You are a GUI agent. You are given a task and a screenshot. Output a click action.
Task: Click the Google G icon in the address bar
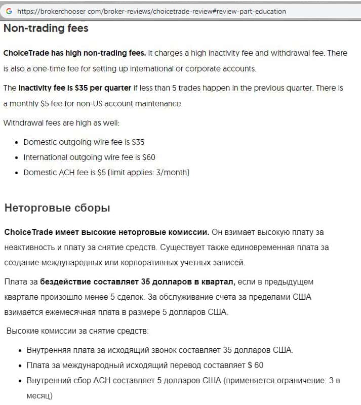(x=9, y=11)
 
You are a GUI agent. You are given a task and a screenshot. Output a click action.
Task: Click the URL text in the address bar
(x=151, y=11)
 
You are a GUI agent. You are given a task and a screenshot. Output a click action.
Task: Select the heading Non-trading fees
(x=46, y=28)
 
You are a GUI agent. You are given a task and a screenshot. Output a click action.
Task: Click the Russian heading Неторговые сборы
(x=57, y=208)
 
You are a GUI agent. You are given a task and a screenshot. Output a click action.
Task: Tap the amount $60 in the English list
(x=148, y=157)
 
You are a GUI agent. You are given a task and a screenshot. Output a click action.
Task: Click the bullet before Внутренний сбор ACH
(x=20, y=381)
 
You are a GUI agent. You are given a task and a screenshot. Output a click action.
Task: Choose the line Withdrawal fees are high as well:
(x=61, y=123)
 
